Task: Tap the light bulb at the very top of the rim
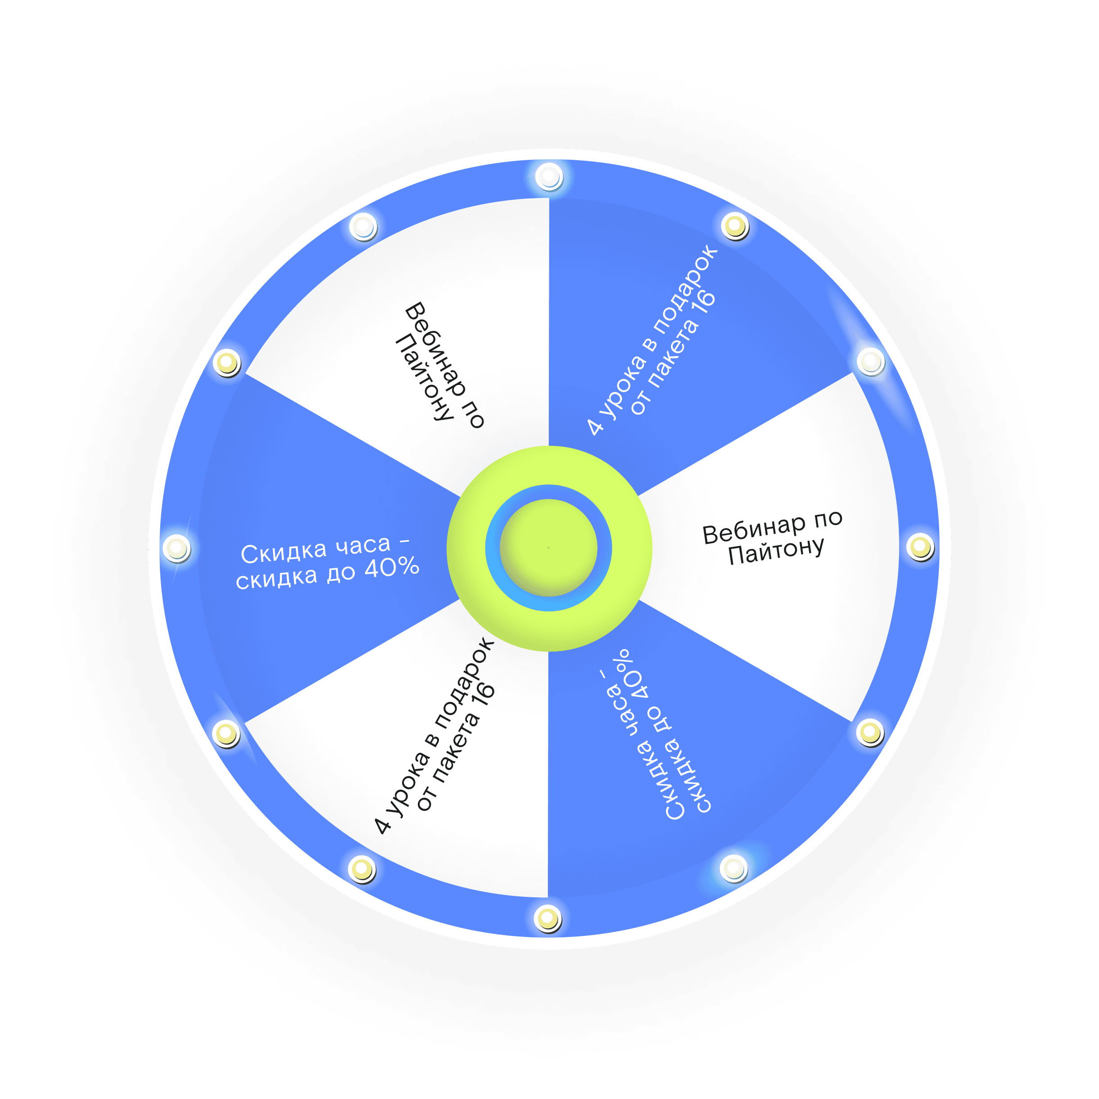pos(549,176)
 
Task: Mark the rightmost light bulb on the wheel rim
pos(920,547)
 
